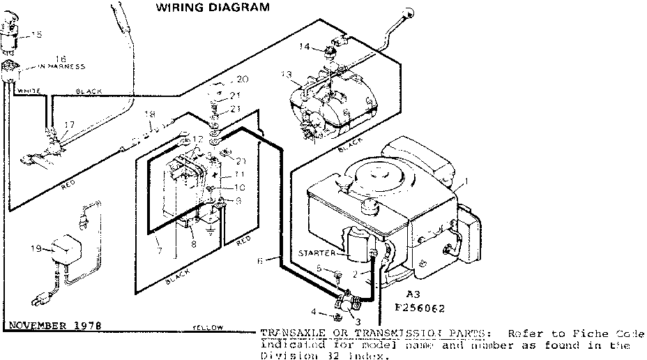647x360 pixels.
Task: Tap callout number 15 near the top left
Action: tap(36, 34)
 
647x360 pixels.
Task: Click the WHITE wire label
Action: tap(29, 91)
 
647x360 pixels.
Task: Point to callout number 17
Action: tap(68, 125)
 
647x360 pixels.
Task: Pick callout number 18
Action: tap(149, 113)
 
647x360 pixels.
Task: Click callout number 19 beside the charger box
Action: tap(37, 247)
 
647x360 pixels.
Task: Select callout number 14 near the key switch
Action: tap(305, 47)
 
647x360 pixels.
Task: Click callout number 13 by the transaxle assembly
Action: tap(287, 74)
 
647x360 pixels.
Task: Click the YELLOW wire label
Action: tap(208, 327)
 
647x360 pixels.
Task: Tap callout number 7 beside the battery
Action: tap(159, 248)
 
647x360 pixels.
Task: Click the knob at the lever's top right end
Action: tap(409, 14)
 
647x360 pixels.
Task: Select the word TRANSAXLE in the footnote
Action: tap(286, 333)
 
